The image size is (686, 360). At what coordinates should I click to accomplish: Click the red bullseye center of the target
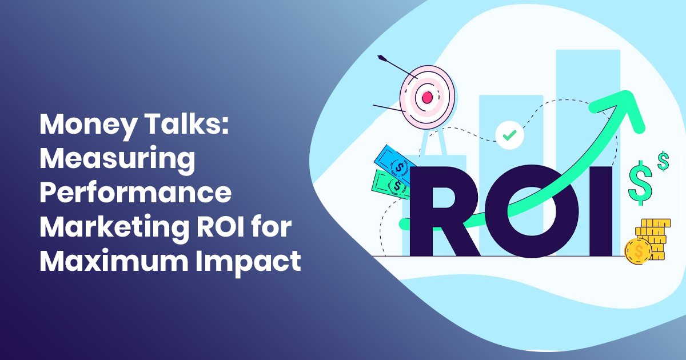coord(426,98)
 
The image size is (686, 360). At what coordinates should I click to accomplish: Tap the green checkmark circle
coord(509,135)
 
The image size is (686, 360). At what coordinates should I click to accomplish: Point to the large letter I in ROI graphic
coord(601,211)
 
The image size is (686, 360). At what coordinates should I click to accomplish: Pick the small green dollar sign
coord(663,161)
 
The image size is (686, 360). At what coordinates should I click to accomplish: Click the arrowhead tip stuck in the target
coord(381,58)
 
